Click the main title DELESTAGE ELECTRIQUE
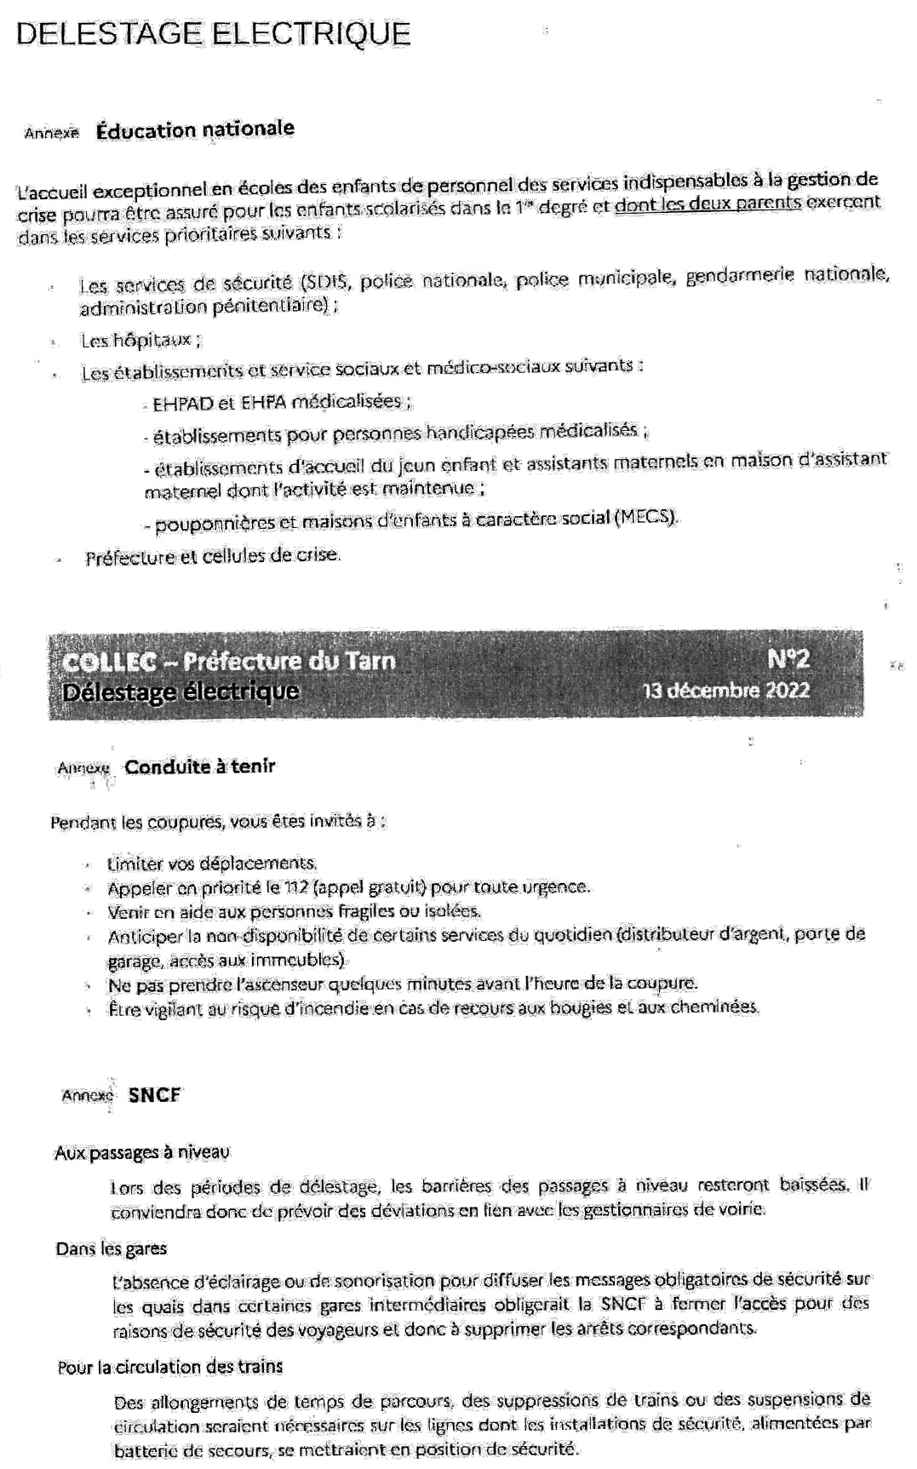click(213, 34)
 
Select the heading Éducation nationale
click(195, 129)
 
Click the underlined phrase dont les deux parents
click(707, 204)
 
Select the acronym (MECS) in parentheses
click(646, 517)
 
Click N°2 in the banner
click(788, 659)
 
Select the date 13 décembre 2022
click(726, 690)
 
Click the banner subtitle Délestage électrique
click(181, 691)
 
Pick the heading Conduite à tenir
click(200, 766)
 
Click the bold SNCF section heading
click(155, 1095)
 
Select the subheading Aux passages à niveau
click(142, 1152)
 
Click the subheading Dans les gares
click(112, 1248)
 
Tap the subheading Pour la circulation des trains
click(170, 1367)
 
